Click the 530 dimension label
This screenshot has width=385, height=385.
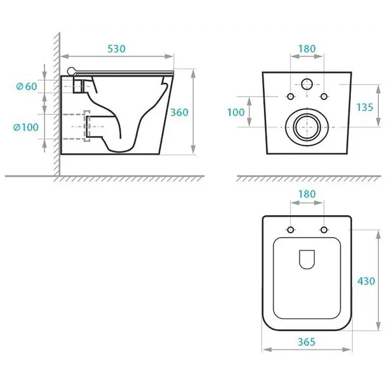pos(116,49)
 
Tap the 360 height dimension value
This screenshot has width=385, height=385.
pos(179,112)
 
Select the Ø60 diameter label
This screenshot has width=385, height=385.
pos(26,86)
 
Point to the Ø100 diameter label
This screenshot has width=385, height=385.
pos(26,127)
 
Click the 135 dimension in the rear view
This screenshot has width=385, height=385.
pos(365,107)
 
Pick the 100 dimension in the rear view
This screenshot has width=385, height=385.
pos(236,112)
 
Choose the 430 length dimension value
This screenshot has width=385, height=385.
pos(366,281)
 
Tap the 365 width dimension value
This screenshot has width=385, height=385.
pos(307,342)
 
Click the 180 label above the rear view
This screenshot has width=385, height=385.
pos(307,49)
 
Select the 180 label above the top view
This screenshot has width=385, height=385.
pos(307,194)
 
